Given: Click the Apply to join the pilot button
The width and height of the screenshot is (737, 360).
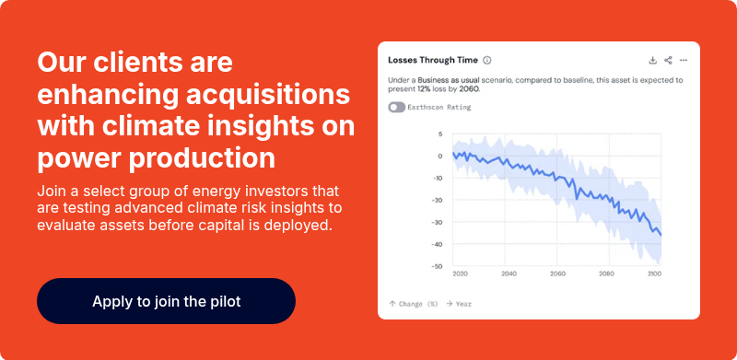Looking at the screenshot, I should tap(166, 301).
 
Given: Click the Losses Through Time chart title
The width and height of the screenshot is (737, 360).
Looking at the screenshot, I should tap(433, 60).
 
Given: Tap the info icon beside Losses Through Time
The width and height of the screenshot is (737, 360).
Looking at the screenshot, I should tap(487, 60).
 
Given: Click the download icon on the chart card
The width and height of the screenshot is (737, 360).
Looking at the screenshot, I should tap(653, 60).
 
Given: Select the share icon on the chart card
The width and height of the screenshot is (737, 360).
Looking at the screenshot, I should tap(668, 60).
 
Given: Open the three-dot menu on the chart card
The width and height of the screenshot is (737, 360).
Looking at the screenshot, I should tap(684, 60).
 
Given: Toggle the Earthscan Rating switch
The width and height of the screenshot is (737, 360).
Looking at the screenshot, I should tap(397, 108).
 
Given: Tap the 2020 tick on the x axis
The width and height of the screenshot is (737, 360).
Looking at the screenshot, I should tap(461, 274).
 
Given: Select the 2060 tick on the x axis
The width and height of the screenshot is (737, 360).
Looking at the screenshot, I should tap(557, 274).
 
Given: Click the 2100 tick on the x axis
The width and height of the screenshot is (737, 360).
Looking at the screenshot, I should tap(654, 274).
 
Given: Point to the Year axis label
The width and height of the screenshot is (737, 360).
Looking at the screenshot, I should tap(463, 303).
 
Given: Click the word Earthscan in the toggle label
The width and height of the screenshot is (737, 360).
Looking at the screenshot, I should tap(427, 108).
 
